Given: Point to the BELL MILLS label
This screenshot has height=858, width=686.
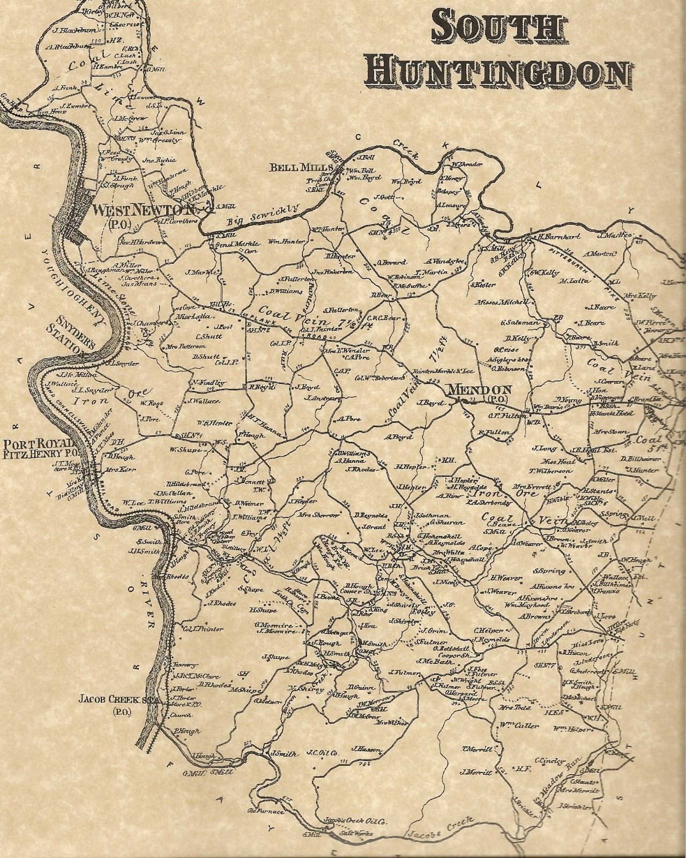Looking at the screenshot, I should pyautogui.click(x=299, y=168).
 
